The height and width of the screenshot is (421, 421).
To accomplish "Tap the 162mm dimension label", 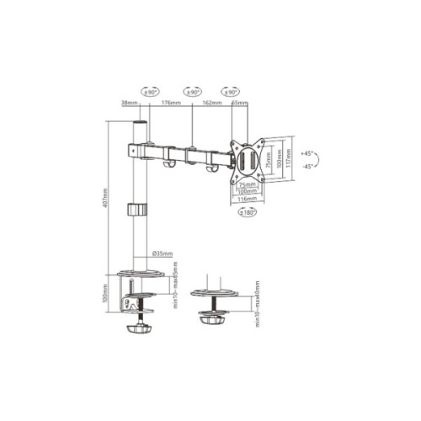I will (210, 104).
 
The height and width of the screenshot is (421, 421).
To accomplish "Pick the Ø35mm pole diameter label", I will (163, 253).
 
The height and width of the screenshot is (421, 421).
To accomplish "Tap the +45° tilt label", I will (306, 154).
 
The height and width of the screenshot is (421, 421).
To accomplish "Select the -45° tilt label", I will (306, 167).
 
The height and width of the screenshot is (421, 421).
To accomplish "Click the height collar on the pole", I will (136, 210).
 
